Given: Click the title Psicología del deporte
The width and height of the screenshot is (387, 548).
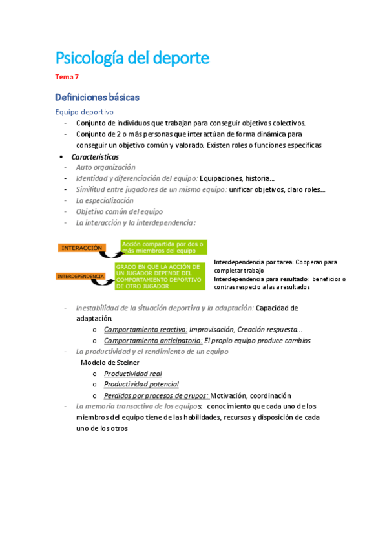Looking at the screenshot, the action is pyautogui.click(x=132, y=58).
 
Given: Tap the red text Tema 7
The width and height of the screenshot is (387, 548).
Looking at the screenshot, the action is pyautogui.click(x=67, y=78).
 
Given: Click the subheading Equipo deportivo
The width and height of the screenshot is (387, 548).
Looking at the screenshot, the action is pyautogui.click(x=84, y=112).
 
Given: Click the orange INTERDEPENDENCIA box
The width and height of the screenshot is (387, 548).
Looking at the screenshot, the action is pyautogui.click(x=81, y=276).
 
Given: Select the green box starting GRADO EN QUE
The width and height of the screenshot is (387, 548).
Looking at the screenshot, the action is pyautogui.click(x=159, y=276).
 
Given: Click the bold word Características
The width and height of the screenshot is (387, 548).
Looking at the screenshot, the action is pyautogui.click(x=95, y=156).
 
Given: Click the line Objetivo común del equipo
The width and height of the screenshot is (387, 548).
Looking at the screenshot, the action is pyautogui.click(x=119, y=211).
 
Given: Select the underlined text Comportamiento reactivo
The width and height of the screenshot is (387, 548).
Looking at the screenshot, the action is pyautogui.click(x=145, y=329).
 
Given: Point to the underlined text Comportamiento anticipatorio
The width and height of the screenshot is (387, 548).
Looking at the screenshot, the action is pyautogui.click(x=153, y=340).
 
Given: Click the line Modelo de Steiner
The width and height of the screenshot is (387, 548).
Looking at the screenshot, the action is pyautogui.click(x=110, y=363).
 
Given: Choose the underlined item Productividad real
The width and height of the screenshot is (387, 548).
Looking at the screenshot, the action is pyautogui.click(x=132, y=374).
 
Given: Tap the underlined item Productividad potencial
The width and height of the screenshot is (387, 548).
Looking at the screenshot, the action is pyautogui.click(x=141, y=385).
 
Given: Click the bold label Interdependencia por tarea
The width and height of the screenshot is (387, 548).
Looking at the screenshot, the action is pyautogui.click(x=253, y=262).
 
